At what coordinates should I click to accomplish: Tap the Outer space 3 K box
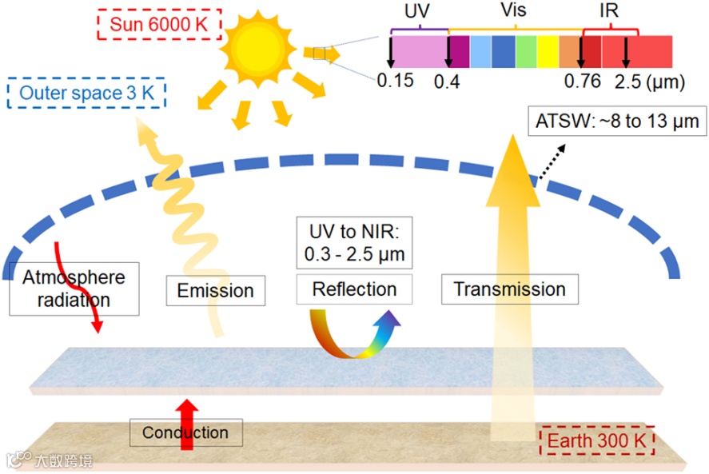click(86, 93)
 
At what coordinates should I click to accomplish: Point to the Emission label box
click(215, 290)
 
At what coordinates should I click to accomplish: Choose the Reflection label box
click(354, 289)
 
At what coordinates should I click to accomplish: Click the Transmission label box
click(509, 289)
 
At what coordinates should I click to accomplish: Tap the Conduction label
click(185, 433)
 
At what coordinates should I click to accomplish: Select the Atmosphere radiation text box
click(74, 288)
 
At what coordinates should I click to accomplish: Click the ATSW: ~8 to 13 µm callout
click(617, 121)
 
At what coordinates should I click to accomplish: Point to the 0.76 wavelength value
click(582, 82)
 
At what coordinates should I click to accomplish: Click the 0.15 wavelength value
click(395, 81)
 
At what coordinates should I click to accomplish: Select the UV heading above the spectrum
click(417, 14)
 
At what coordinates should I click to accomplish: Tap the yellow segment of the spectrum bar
click(548, 51)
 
